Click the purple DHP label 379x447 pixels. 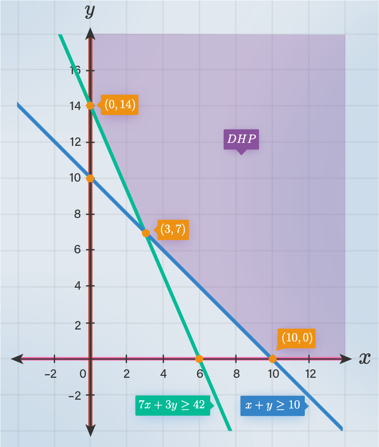click(x=241, y=139)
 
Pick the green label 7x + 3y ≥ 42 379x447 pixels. click(x=172, y=405)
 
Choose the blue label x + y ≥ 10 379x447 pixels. click(x=271, y=405)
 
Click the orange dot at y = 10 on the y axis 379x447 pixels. click(x=90, y=178)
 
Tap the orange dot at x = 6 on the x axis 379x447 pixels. click(x=199, y=358)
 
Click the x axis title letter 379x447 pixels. click(x=365, y=358)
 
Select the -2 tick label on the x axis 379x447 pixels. click(x=51, y=374)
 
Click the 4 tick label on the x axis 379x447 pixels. click(x=163, y=374)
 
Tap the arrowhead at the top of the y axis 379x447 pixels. click(x=90, y=33)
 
